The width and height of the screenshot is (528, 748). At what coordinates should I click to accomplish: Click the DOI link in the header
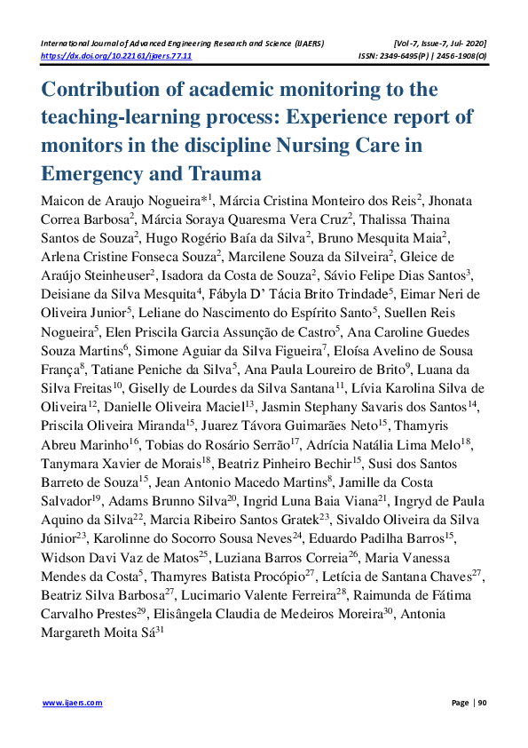coord(116,55)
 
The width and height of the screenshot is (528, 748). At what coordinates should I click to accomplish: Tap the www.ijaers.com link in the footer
coord(73,703)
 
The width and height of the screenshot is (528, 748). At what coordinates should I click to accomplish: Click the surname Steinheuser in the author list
coord(117,275)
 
